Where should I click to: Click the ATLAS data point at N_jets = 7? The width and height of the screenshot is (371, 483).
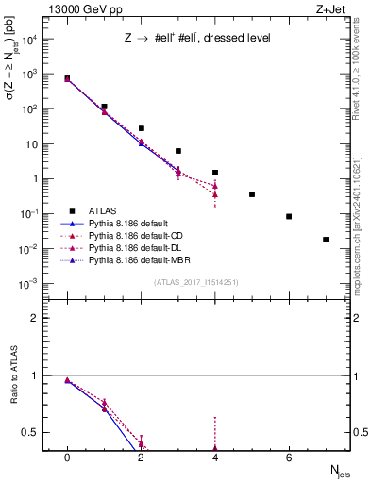326,240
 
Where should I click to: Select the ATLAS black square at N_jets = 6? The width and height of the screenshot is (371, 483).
289,216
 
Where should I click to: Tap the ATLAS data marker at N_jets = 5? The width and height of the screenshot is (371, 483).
252,194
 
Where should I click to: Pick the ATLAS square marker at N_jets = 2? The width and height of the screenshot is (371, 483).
141,128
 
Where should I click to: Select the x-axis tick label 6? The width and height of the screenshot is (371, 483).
289,457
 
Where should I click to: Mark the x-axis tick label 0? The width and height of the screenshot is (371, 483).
67,457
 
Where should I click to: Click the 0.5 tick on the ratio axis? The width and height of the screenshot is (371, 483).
36,432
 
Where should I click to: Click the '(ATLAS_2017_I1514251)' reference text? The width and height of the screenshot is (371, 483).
196,281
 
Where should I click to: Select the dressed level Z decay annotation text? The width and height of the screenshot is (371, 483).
198,39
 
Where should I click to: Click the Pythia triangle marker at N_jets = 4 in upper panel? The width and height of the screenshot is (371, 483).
215,186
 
